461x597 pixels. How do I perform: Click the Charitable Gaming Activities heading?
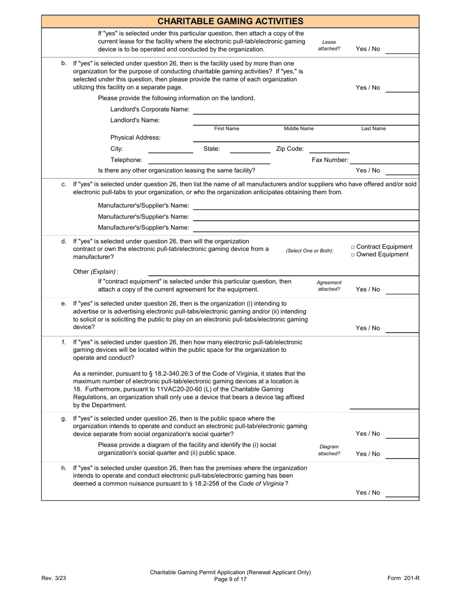click(x=230, y=21)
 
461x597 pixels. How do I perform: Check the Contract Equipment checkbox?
click(x=353, y=247)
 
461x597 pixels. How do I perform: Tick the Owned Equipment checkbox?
click(x=353, y=255)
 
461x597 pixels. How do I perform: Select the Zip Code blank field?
click(x=329, y=150)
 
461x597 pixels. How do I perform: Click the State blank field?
click(x=249, y=150)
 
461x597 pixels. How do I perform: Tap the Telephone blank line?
click(x=209, y=161)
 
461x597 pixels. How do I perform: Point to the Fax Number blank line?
click(x=384, y=161)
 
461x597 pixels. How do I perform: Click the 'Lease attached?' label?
click(x=329, y=46)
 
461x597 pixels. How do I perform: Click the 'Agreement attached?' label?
click(x=329, y=286)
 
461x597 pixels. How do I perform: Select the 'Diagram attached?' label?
click(x=329, y=450)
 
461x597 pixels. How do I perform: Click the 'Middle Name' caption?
click(x=298, y=129)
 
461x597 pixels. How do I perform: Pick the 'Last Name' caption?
click(x=373, y=129)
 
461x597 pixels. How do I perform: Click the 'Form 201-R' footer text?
click(x=403, y=578)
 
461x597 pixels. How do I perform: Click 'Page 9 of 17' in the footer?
click(x=230, y=579)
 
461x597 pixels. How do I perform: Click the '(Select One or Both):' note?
click(x=310, y=251)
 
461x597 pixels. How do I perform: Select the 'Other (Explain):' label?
click(x=95, y=272)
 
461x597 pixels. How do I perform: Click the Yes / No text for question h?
click(x=368, y=493)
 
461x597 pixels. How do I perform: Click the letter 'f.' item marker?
click(x=64, y=342)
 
